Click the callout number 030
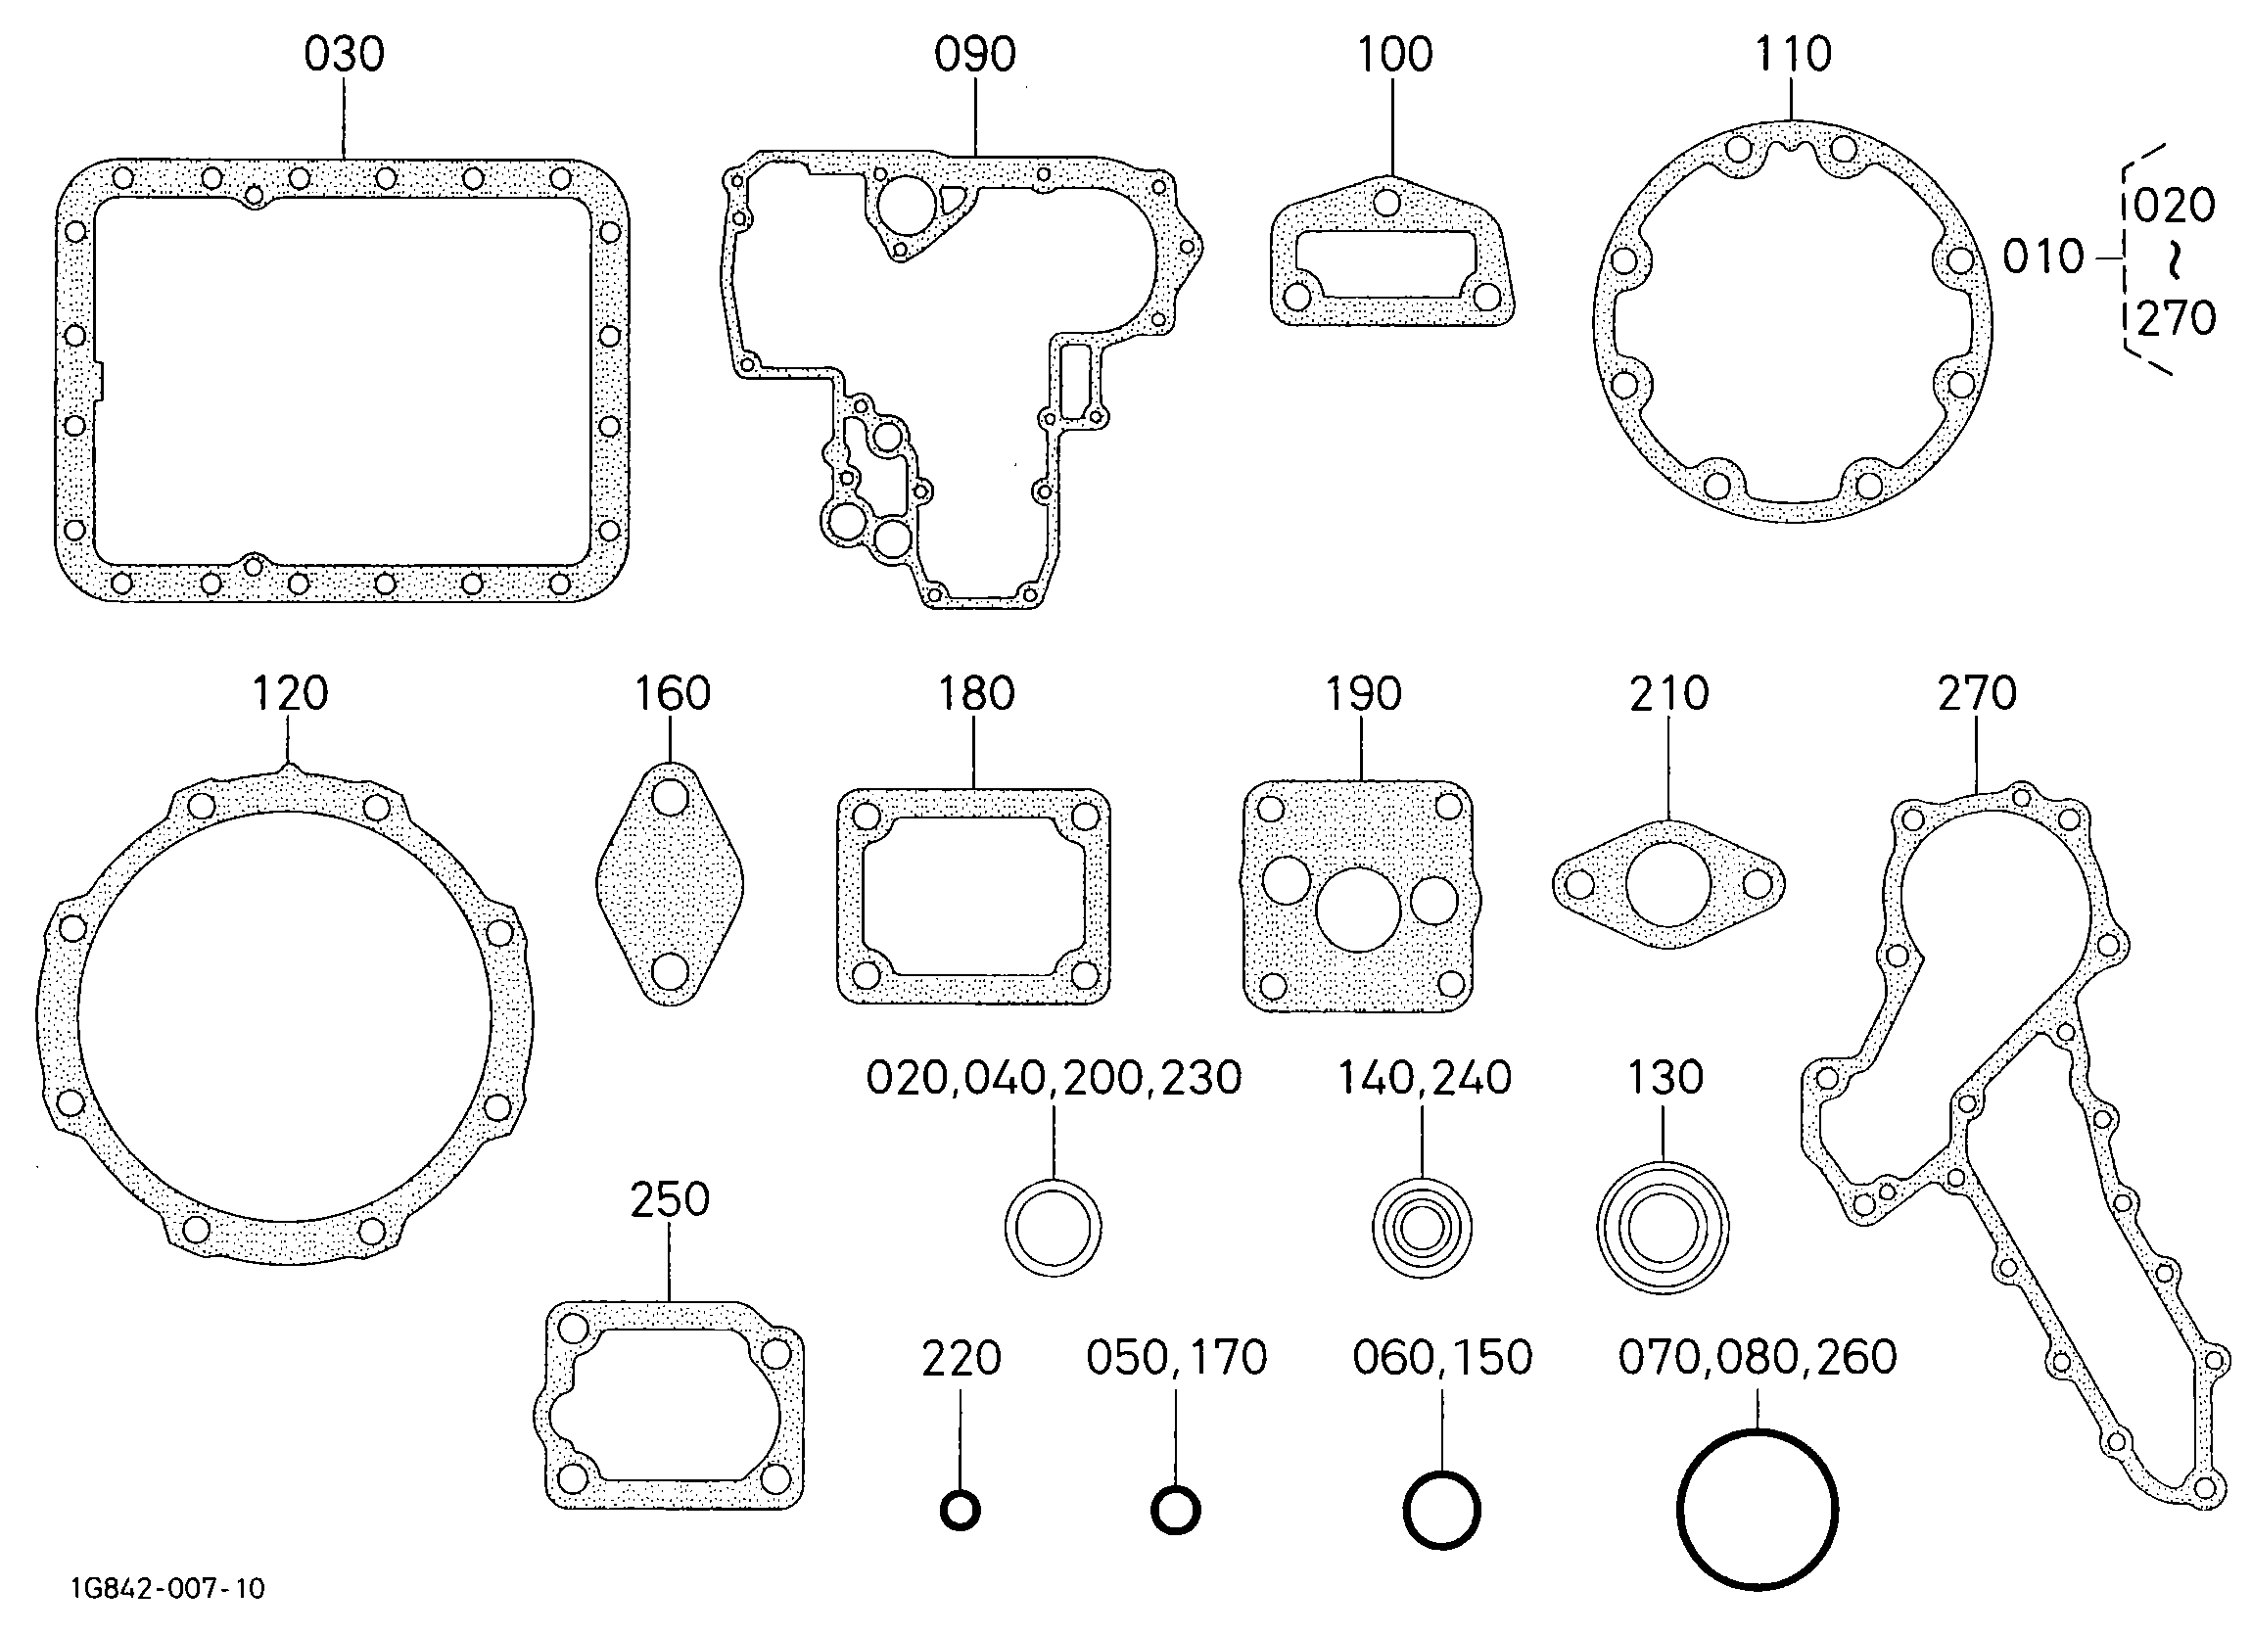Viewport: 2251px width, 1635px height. click(x=345, y=55)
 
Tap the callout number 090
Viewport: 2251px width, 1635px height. click(x=974, y=55)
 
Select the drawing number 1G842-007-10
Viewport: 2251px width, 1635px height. click(x=167, y=1589)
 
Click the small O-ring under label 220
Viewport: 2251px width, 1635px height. click(x=960, y=1512)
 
